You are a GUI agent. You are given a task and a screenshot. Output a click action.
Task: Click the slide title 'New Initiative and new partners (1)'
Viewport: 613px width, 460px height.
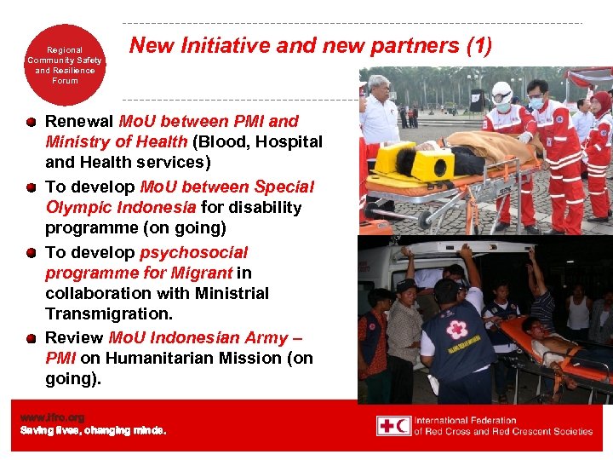coord(310,46)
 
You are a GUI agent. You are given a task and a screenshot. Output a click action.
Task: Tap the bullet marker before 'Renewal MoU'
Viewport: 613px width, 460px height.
coord(31,122)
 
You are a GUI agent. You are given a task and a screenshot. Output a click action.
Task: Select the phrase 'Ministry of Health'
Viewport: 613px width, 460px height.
coord(116,141)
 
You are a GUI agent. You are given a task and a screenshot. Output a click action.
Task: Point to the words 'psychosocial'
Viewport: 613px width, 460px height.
coord(193,252)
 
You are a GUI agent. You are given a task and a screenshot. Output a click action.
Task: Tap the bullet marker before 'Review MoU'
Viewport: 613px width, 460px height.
coord(31,338)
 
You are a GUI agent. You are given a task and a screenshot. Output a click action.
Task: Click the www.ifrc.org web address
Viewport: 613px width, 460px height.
coord(53,417)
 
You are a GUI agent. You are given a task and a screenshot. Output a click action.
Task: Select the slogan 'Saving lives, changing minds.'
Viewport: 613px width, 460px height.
coord(94,430)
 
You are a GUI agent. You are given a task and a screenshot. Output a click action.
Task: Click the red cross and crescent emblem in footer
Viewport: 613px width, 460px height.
coord(394,426)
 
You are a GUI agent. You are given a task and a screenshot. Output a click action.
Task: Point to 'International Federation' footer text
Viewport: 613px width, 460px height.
coord(467,420)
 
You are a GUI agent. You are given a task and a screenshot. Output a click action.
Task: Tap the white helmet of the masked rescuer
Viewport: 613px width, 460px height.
coord(502,91)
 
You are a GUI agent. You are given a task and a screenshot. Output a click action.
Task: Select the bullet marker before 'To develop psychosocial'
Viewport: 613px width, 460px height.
coord(31,253)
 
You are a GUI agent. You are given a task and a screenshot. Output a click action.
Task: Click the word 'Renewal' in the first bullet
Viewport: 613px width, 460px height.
coord(78,122)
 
